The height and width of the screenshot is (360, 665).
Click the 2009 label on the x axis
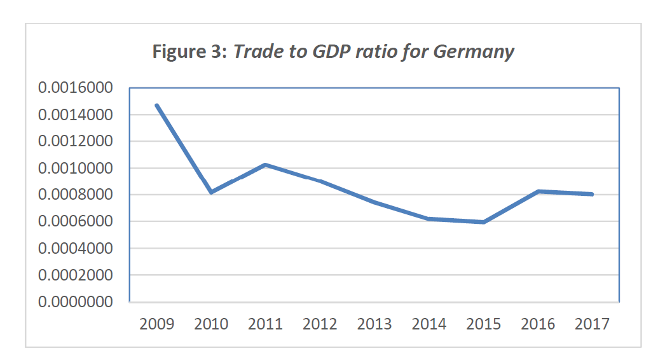pyautogui.click(x=156, y=324)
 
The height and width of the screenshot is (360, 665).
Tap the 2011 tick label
pyautogui.click(x=265, y=324)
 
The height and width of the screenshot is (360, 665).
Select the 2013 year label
pyautogui.click(x=374, y=324)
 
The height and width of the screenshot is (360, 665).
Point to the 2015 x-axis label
pyautogui.click(x=484, y=324)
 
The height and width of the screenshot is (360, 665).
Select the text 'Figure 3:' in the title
pyautogui.click(x=189, y=52)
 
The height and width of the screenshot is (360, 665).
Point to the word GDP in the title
pyautogui.click(x=329, y=52)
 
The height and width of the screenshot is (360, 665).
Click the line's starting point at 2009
pyautogui.click(x=156, y=106)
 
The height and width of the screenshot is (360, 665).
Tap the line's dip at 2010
pyautogui.click(x=210, y=192)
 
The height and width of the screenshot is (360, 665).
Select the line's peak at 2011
pyautogui.click(x=265, y=165)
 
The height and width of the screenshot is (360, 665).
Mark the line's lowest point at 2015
pyautogui.click(x=484, y=222)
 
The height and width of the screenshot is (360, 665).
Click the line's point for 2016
pyautogui.click(x=538, y=191)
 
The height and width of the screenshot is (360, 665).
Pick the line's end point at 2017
pyautogui.click(x=592, y=194)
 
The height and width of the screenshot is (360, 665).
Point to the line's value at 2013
pyautogui.click(x=374, y=202)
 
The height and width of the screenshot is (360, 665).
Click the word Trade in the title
pyautogui.click(x=255, y=52)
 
